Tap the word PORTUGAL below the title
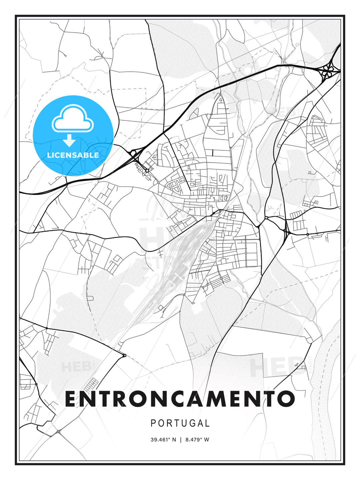[x=180, y=423]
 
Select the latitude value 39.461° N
[x=163, y=440]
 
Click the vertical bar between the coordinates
[x=180, y=440]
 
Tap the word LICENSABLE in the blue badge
[x=73, y=155]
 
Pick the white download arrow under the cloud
[x=70, y=140]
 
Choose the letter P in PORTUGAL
[x=153, y=423]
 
